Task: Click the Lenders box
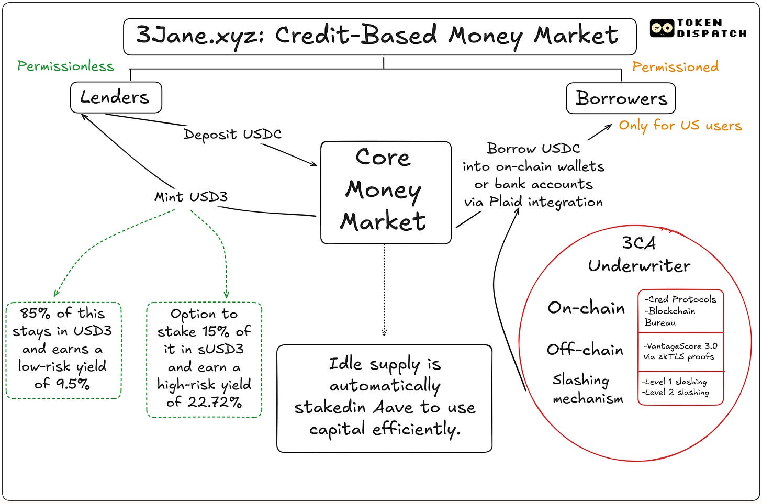click(x=116, y=97)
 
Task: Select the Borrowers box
click(x=621, y=98)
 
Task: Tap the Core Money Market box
click(x=386, y=192)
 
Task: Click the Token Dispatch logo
click(x=698, y=28)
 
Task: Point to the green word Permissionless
click(x=65, y=66)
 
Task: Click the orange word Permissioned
click(x=675, y=66)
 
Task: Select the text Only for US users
click(x=680, y=126)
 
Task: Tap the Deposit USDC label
click(x=232, y=134)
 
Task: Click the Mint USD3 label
click(x=191, y=197)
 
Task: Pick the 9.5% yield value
click(x=69, y=384)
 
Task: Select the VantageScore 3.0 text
click(x=680, y=346)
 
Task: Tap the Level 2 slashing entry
click(x=675, y=392)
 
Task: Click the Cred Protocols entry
click(x=680, y=299)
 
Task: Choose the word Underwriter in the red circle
click(x=639, y=266)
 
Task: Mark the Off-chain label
click(x=585, y=350)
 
